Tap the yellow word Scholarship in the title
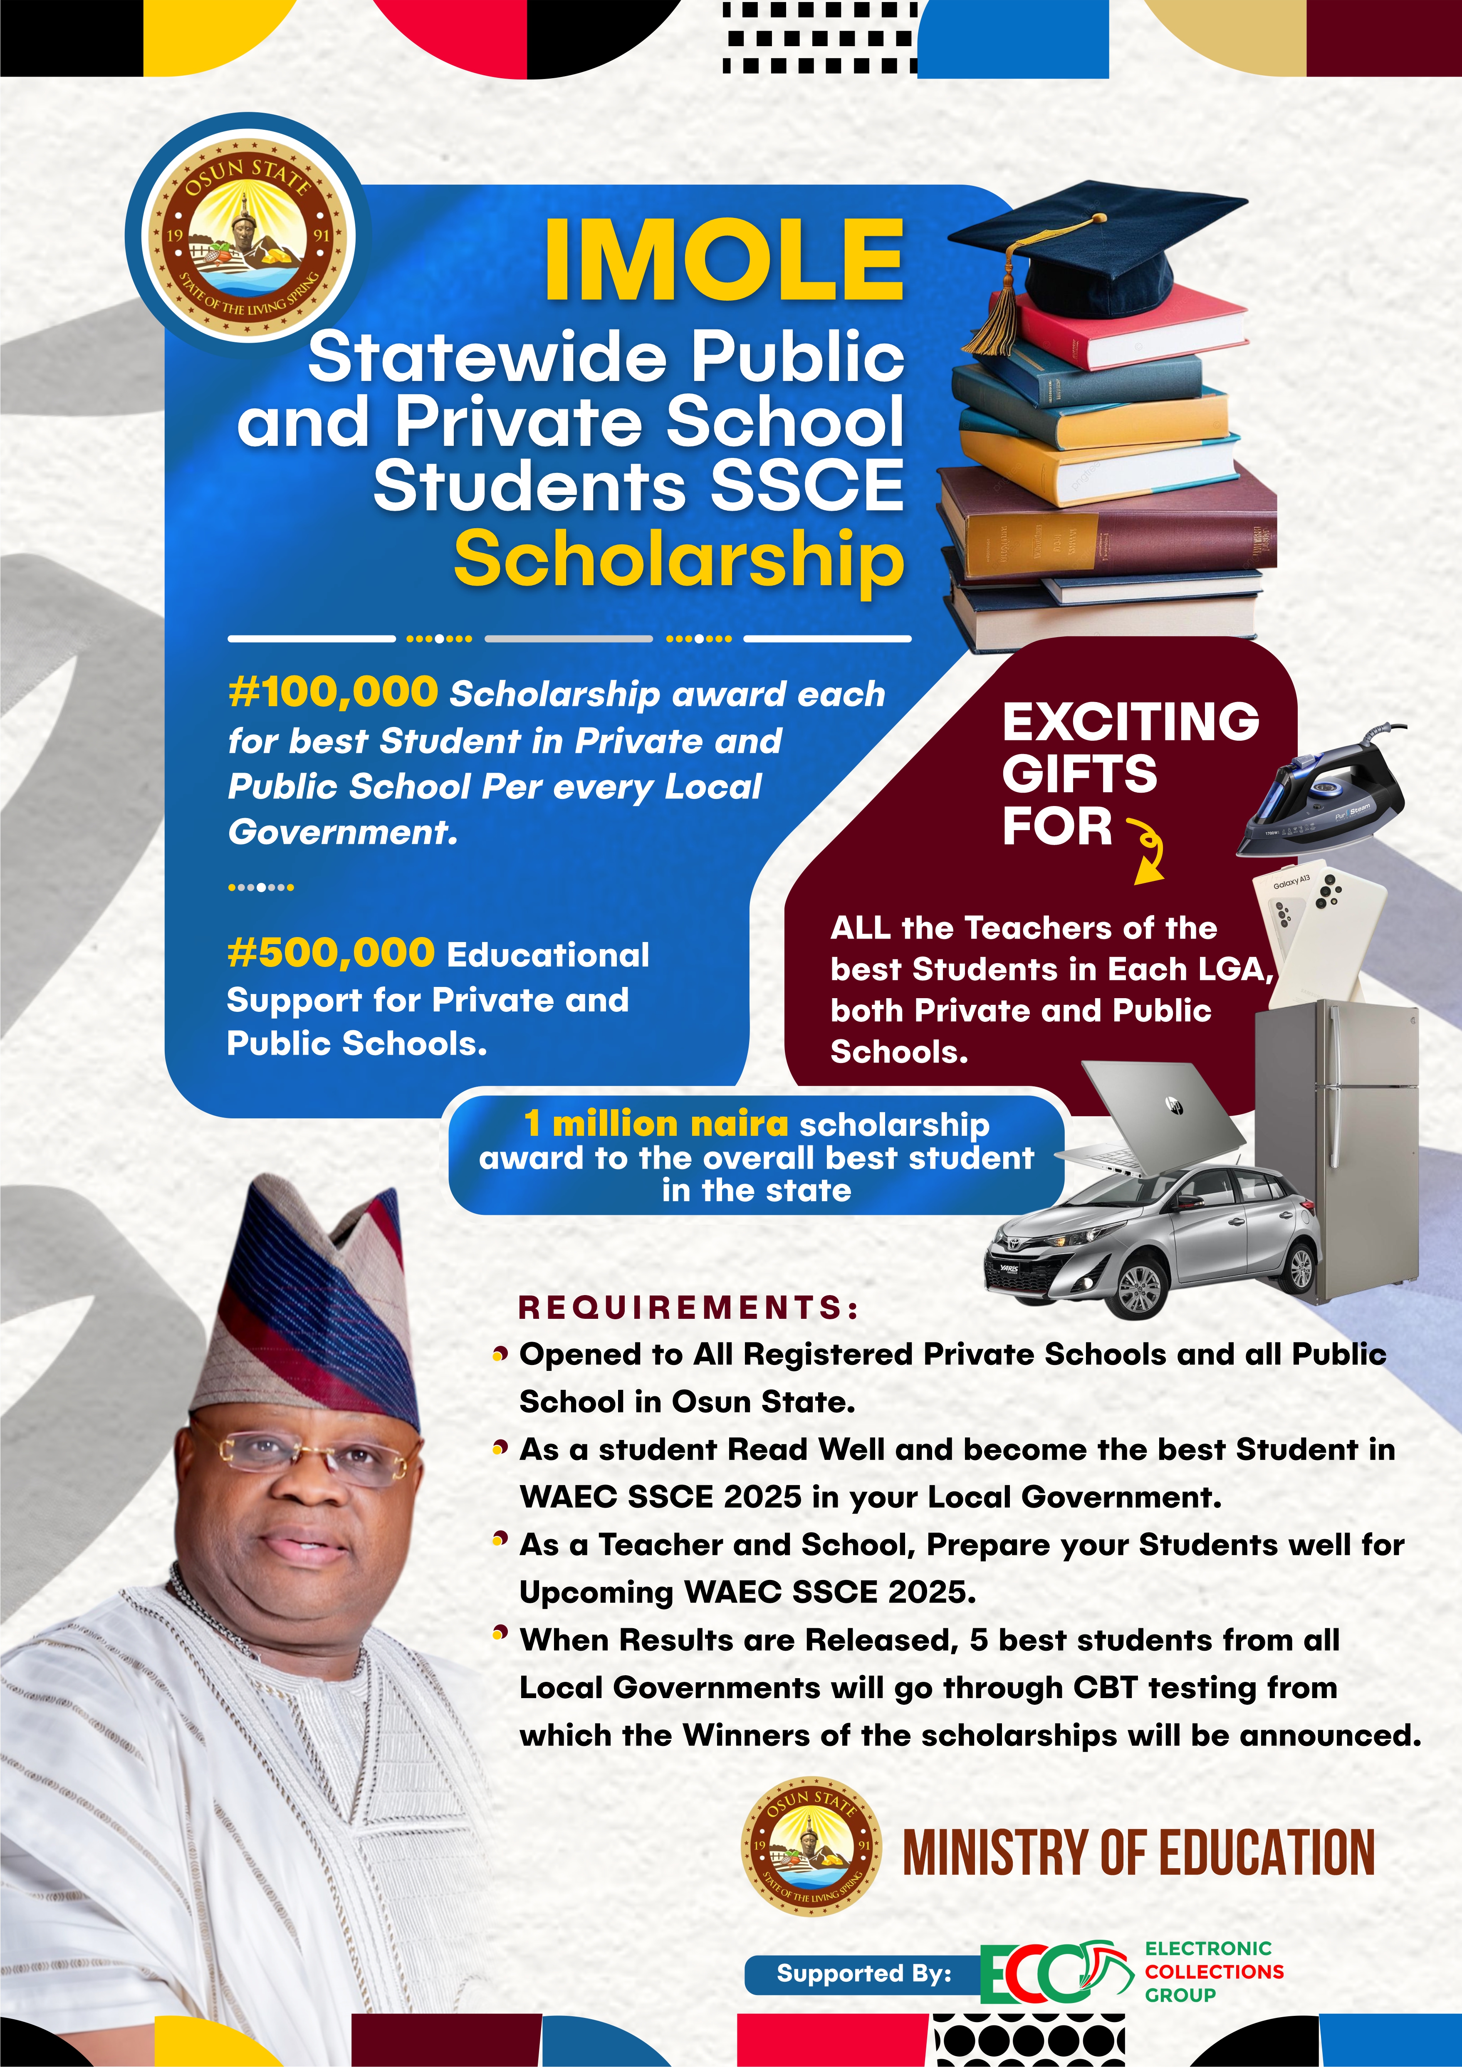[x=679, y=558]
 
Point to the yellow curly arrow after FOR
[x=1148, y=851]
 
